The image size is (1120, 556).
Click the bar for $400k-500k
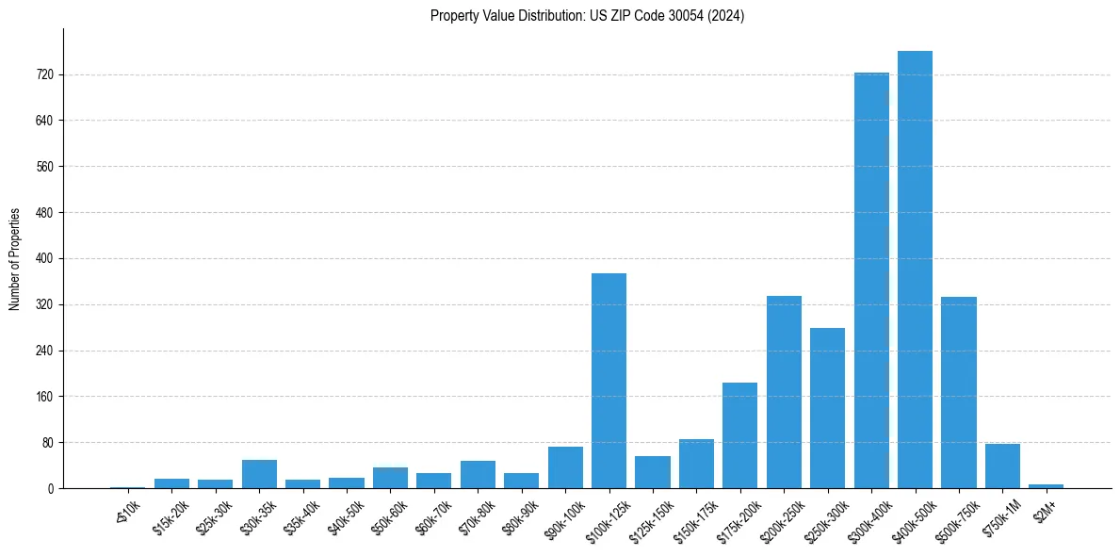point(915,270)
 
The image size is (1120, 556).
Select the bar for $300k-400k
point(871,281)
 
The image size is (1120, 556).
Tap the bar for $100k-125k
point(609,381)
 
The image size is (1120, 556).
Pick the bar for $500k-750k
point(958,393)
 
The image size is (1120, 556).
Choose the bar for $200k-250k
point(784,392)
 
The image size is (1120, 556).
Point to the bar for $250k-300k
point(827,408)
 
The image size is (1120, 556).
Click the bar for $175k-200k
point(739,435)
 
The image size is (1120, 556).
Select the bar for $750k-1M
point(1002,466)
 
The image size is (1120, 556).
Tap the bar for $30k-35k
point(259,474)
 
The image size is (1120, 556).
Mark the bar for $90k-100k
point(565,467)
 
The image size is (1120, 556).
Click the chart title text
point(587,16)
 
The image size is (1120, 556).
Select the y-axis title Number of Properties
point(15,259)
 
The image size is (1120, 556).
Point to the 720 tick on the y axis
point(44,74)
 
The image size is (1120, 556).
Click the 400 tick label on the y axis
point(44,258)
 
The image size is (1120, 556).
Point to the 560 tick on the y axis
point(44,167)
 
